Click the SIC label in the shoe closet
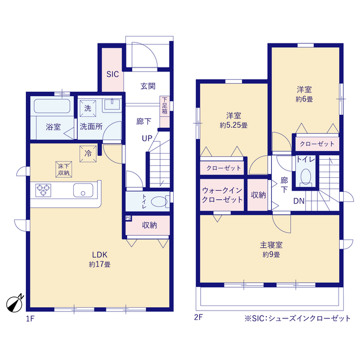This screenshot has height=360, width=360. tap(112, 74)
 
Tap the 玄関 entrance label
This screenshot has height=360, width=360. tap(148, 86)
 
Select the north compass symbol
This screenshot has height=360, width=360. tap(15, 304)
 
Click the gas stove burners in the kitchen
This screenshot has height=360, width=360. tap(43, 190)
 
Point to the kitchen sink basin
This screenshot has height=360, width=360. tap(83, 190)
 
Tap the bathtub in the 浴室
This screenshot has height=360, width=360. tap(52, 106)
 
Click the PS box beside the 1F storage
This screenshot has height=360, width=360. tap(128, 218)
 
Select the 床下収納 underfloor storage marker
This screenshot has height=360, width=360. tap(64, 169)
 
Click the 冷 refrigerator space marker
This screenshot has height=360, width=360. tap(88, 154)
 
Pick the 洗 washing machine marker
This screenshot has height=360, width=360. tap(88, 108)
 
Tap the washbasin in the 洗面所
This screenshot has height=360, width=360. tap(112, 105)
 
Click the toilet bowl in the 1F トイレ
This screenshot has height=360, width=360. tap(159, 201)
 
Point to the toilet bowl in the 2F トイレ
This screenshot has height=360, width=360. tap(306, 176)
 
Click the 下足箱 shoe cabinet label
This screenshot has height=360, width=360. tap(165, 106)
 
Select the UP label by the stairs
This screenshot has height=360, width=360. tap(147, 138)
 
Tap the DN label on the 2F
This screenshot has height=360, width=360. tap(299, 201)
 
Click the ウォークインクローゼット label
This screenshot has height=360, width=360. tap(222, 195)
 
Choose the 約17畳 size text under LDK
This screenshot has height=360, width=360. tap(100, 264)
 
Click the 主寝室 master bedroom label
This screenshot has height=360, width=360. tap(271, 245)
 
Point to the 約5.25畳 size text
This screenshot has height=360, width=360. tap(234, 125)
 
